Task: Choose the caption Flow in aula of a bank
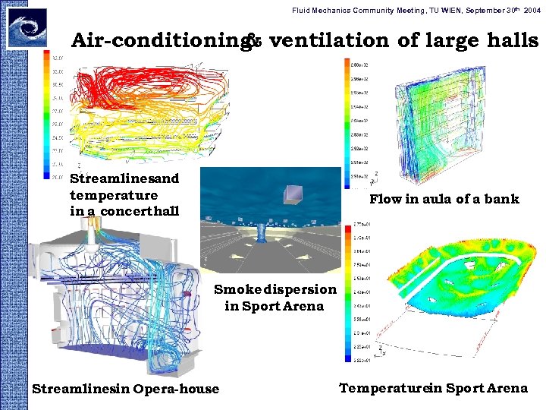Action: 444,199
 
